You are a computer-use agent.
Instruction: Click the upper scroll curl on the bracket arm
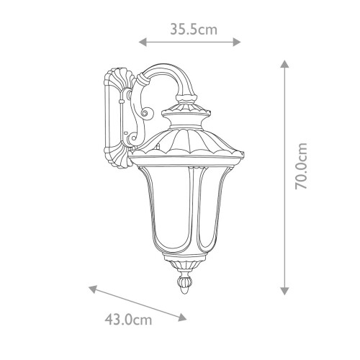point(147,112)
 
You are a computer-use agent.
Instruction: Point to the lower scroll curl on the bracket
point(130,135)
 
